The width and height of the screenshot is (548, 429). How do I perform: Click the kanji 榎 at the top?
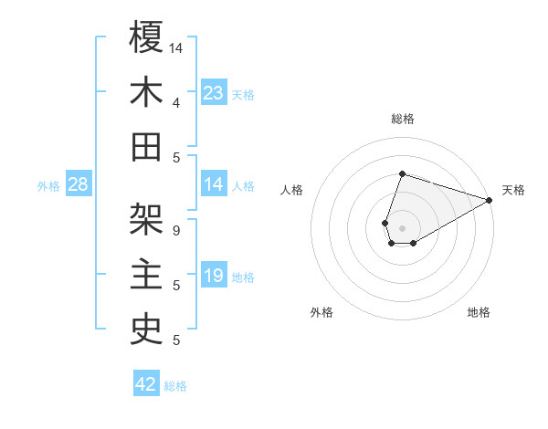(146, 37)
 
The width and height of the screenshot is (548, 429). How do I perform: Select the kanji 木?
(146, 93)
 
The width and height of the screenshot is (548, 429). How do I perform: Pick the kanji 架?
(146, 220)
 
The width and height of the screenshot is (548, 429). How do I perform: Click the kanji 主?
(146, 276)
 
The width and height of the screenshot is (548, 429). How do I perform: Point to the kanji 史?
(146, 331)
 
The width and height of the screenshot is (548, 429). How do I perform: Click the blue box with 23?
(214, 93)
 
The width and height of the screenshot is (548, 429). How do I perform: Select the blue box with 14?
(214, 185)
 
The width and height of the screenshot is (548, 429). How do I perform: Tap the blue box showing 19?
(214, 277)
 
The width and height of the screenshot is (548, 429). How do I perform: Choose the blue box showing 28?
(79, 185)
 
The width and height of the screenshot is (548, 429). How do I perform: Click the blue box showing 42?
(146, 384)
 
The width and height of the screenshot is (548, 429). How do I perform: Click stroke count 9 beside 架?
(176, 230)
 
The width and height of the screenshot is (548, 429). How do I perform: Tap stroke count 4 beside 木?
(176, 102)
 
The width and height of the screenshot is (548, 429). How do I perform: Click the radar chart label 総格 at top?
(402, 119)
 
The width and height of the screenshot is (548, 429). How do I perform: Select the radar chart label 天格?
(513, 190)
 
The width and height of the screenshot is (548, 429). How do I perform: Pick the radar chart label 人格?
(292, 190)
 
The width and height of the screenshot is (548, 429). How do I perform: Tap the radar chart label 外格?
(321, 313)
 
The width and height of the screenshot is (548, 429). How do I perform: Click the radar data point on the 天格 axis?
(490, 200)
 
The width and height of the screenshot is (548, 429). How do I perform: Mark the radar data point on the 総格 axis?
(402, 174)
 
